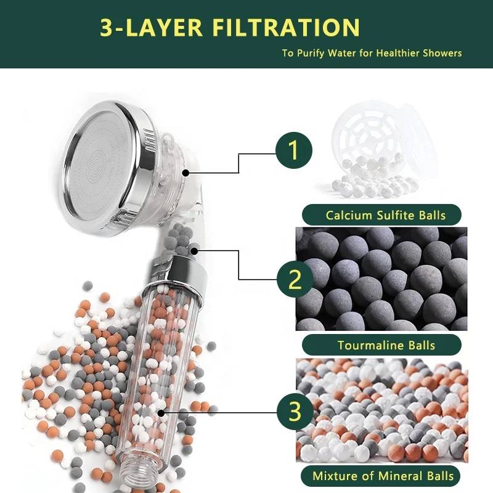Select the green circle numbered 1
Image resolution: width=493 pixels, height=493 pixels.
(294, 150)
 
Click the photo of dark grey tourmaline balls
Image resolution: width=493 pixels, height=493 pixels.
(381, 279)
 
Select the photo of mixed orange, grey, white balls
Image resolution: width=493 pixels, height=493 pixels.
(381, 410)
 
